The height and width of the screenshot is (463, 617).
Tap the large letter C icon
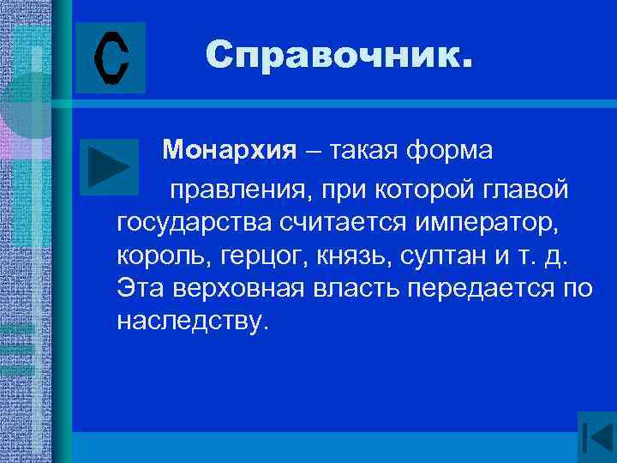coord(111,57)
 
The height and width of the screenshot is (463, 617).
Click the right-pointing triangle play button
coord(108,165)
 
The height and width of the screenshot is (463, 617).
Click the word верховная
coord(236,287)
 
